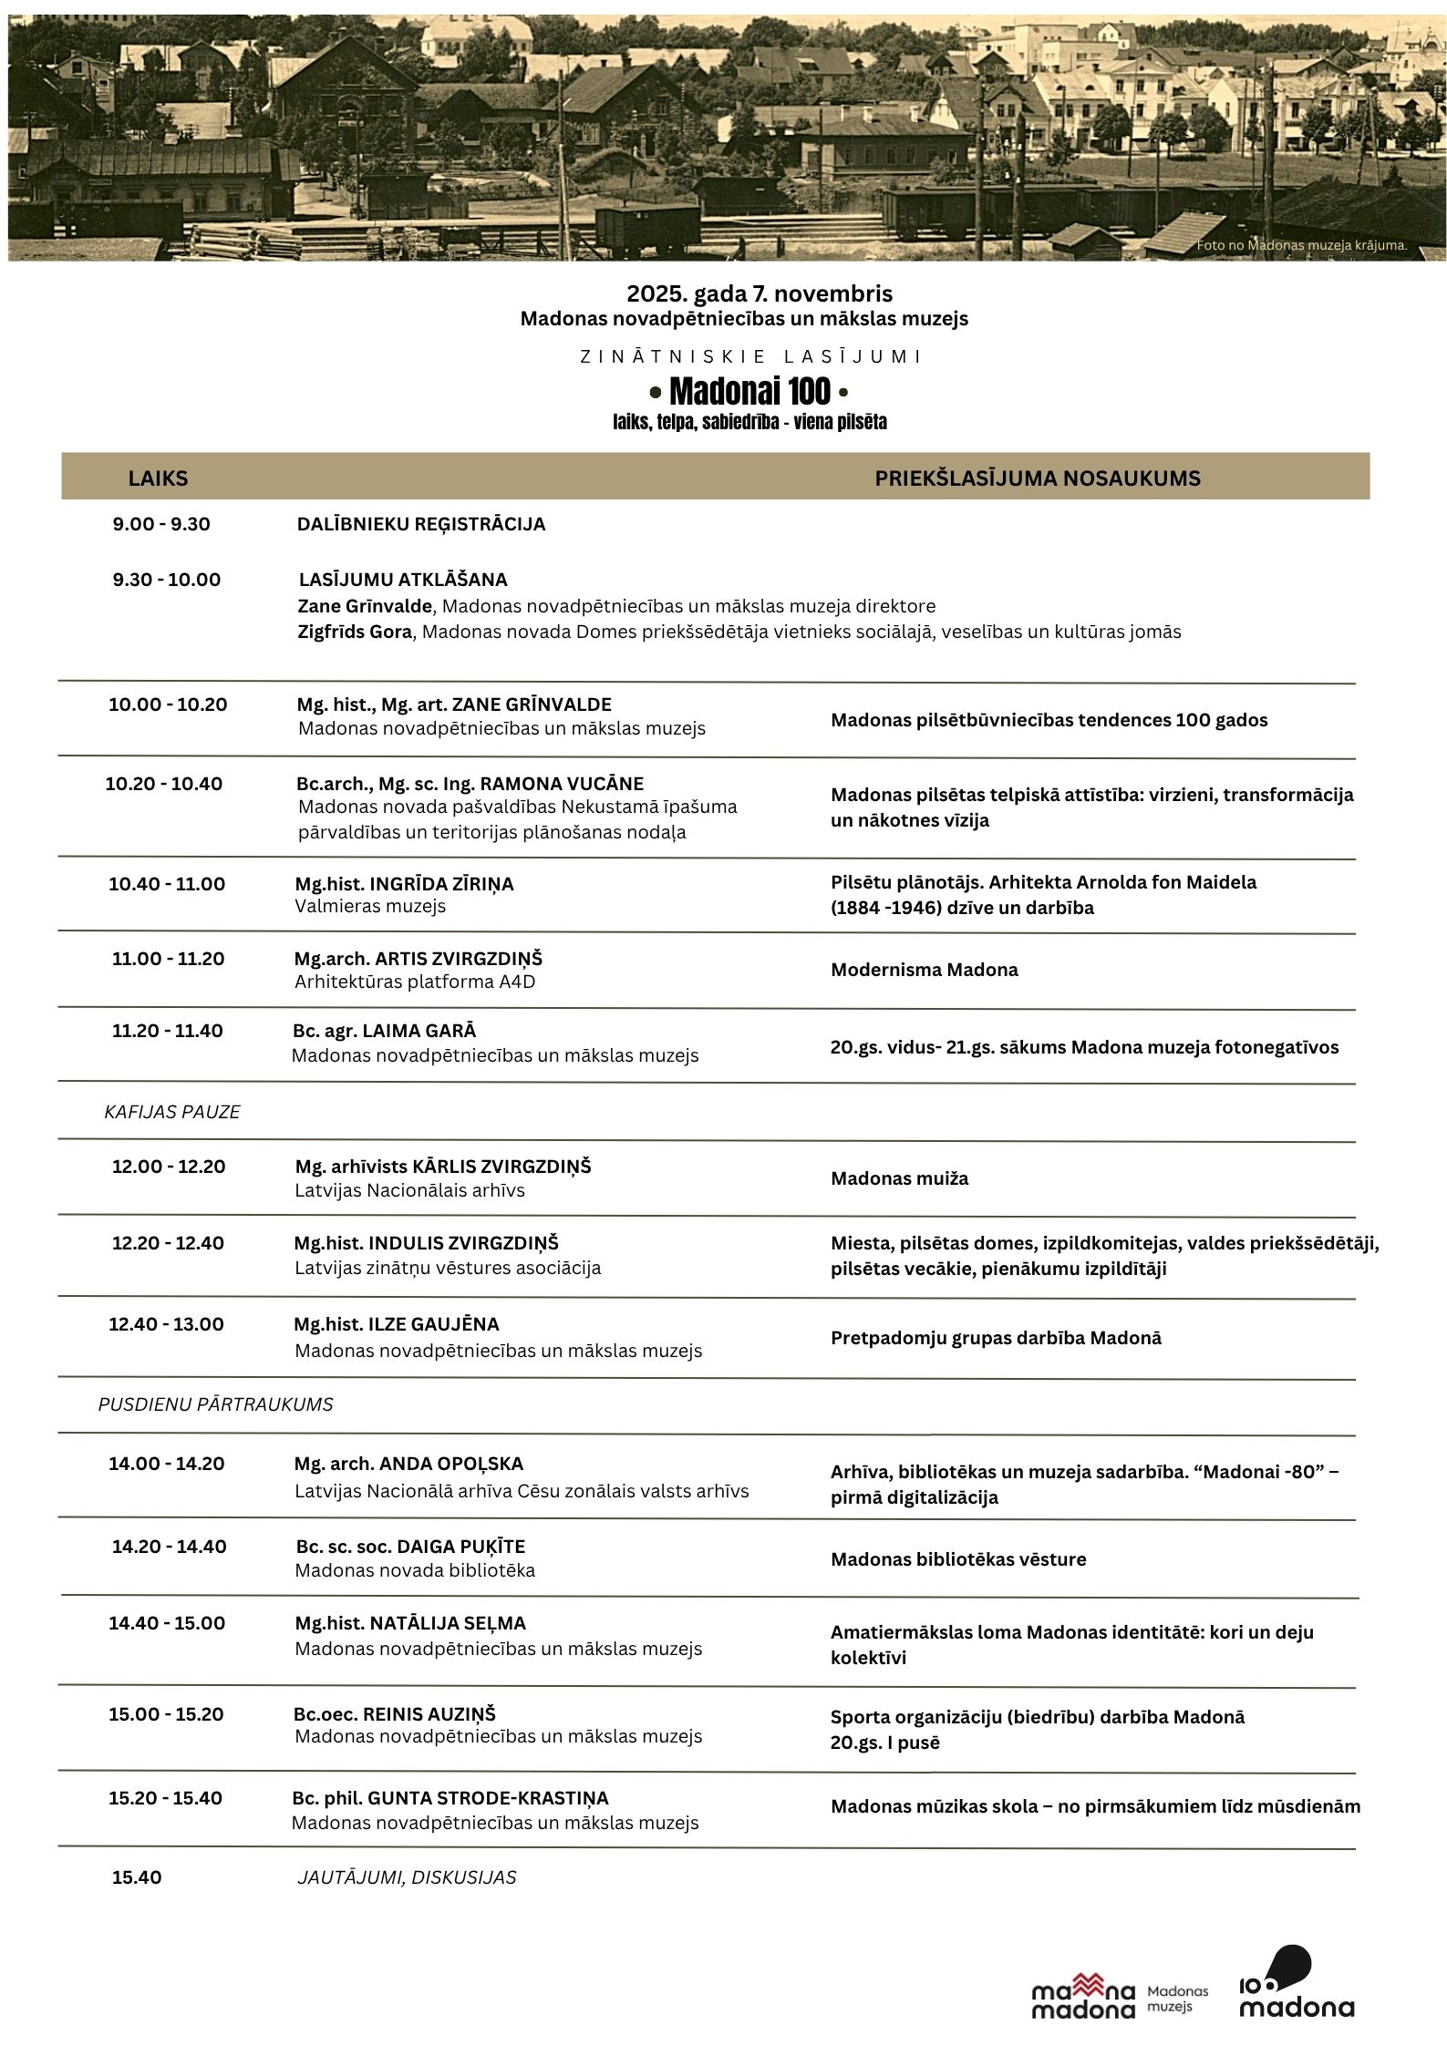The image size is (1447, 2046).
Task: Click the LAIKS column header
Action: click(158, 478)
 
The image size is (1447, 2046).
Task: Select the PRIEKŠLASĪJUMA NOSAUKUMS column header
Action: click(1037, 478)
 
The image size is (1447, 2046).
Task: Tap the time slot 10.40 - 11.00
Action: click(167, 884)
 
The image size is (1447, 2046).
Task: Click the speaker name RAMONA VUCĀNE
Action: click(562, 784)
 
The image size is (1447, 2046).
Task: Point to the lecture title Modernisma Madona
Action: click(924, 970)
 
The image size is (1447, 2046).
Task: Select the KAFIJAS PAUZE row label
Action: click(172, 1112)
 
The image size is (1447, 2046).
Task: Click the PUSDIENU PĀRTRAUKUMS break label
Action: click(215, 1404)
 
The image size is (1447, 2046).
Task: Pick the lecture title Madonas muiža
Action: click(899, 1178)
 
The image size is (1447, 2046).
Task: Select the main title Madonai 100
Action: click(749, 392)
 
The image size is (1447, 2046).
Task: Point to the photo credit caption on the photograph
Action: click(1301, 245)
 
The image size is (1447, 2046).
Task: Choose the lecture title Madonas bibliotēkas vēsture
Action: click(958, 1559)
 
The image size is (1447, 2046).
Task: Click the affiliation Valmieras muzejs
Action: click(370, 907)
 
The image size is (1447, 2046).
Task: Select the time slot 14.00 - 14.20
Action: click(167, 1464)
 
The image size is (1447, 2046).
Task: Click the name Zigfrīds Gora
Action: click(355, 632)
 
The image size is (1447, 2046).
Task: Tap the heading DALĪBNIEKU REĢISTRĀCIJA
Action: click(421, 524)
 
